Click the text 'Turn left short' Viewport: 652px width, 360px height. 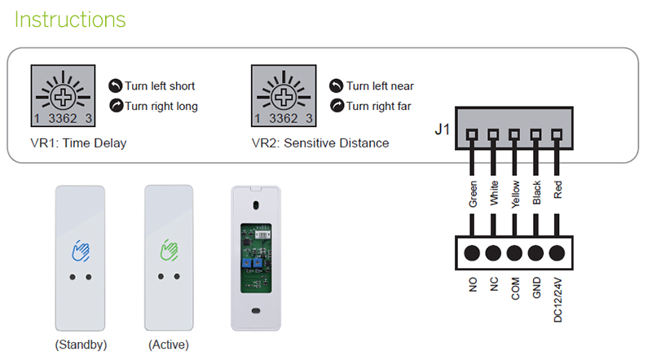pyautogui.click(x=160, y=86)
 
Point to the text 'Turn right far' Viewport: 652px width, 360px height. pyautogui.click(x=379, y=106)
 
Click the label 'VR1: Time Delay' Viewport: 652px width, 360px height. pyautogui.click(x=80, y=143)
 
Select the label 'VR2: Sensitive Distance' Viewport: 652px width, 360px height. pyautogui.click(x=320, y=143)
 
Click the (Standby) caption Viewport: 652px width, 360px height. pyautogui.click(x=81, y=345)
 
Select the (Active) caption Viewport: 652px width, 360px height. pyautogui.click(x=169, y=345)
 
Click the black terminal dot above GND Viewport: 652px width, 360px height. pyautogui.click(x=536, y=252)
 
